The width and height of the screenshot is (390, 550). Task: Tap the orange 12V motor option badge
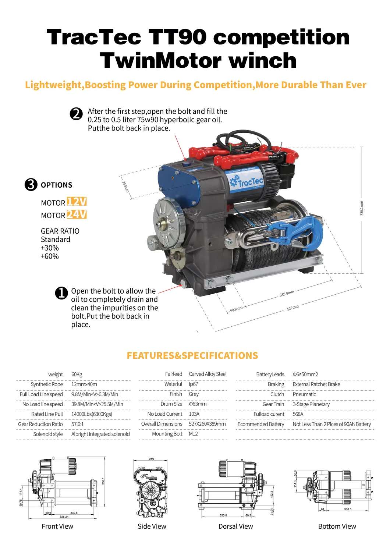pyautogui.click(x=77, y=202)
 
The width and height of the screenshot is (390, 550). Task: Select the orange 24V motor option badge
pyautogui.click(x=77, y=214)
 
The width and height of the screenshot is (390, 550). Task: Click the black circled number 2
pyautogui.click(x=76, y=114)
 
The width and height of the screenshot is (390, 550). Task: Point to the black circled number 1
pyautogui.click(x=61, y=293)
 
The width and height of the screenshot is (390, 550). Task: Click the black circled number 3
pyautogui.click(x=31, y=184)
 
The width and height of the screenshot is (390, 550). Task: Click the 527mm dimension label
pyautogui.click(x=293, y=308)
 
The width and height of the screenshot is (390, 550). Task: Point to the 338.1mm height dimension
pyautogui.click(x=362, y=208)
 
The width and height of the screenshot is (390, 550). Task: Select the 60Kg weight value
pyautogui.click(x=77, y=375)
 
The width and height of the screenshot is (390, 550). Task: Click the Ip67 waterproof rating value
pyautogui.click(x=194, y=384)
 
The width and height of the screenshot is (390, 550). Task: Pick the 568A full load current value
pyautogui.click(x=298, y=414)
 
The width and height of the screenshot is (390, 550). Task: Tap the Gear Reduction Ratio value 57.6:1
pyautogui.click(x=77, y=424)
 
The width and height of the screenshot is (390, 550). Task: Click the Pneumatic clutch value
pyautogui.click(x=304, y=394)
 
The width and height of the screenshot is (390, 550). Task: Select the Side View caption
pyautogui.click(x=152, y=526)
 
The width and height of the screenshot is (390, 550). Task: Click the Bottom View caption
pyautogui.click(x=337, y=526)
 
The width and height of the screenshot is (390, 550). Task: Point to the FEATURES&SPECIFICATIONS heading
pyautogui.click(x=192, y=356)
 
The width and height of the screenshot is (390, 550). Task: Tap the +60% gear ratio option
pyautogui.click(x=50, y=256)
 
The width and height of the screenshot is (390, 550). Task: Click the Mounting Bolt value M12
pyautogui.click(x=193, y=434)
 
